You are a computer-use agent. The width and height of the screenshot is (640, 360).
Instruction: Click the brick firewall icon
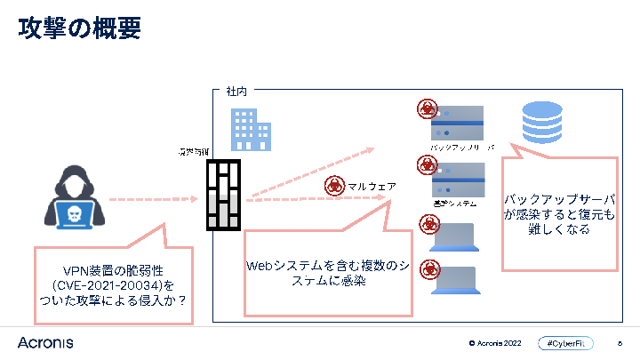point(224,195)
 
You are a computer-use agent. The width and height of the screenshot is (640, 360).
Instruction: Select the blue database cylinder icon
point(541,123)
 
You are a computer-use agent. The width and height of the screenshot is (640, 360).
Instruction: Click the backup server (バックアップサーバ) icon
point(457,123)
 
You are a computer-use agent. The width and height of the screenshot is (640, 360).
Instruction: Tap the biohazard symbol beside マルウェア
point(334,186)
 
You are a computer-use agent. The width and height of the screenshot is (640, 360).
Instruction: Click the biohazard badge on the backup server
point(428,109)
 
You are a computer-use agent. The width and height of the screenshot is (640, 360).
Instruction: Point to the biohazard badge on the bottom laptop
point(428,268)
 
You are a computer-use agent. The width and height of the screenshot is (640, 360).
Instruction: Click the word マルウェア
point(372,187)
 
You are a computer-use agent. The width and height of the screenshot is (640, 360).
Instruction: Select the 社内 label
point(236,92)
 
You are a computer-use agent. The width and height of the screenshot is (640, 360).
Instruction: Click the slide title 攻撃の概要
point(80,29)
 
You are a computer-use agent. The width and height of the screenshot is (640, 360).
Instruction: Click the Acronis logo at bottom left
point(45,342)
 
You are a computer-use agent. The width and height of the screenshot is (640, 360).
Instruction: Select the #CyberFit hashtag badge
point(565,343)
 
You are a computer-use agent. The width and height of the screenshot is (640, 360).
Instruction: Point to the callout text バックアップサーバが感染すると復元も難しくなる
point(559,213)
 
